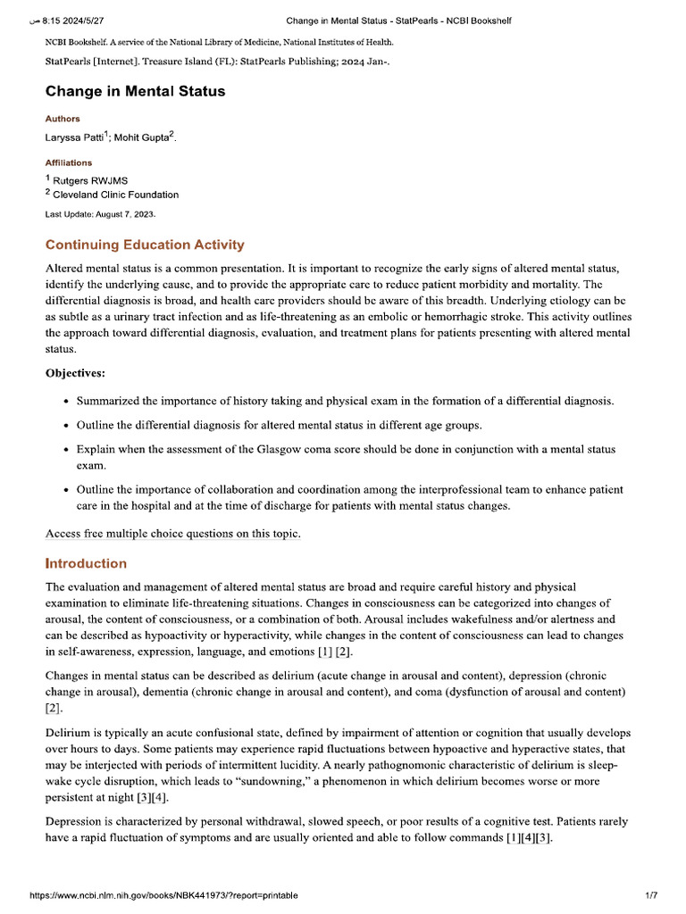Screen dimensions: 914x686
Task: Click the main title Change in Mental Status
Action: pos(135,91)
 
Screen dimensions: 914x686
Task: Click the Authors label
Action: pos(63,119)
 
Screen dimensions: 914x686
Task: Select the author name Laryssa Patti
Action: pos(74,137)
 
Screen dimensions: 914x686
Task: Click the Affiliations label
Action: pos(69,162)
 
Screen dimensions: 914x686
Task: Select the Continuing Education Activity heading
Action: pos(145,245)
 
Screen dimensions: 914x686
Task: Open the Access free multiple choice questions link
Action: pos(173,534)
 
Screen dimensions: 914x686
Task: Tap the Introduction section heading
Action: pos(86,563)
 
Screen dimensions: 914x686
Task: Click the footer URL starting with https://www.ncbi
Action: pos(163,894)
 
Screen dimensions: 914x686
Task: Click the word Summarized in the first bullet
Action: pos(109,401)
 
